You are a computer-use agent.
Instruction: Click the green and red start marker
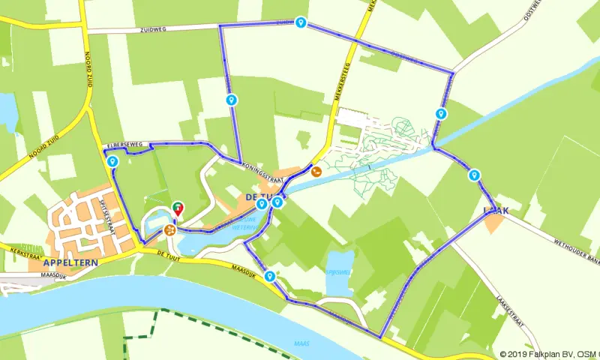[x=178, y=208]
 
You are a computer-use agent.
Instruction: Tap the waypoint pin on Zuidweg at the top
[x=301, y=23]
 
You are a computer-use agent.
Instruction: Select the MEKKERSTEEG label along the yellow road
[x=341, y=97]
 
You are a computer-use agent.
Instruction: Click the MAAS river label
[x=301, y=344]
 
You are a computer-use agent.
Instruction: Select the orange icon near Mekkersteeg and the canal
[x=316, y=171]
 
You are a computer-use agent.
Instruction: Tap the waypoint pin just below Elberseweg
[x=112, y=161]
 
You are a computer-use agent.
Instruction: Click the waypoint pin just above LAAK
[x=473, y=175]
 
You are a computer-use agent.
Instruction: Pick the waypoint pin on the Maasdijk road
[x=268, y=277]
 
